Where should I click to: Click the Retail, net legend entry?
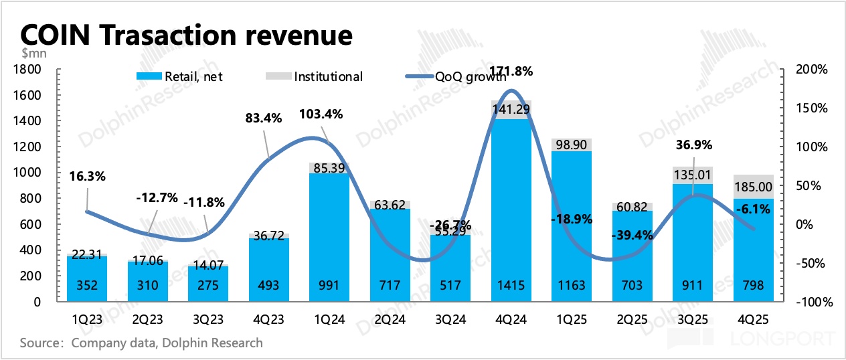coord(179,76)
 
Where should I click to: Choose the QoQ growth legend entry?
coord(458,76)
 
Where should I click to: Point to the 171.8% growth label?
coord(511,72)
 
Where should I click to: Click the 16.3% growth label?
coord(87,177)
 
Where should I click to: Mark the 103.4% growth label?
coord(320,114)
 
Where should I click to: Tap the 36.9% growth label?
coord(693,145)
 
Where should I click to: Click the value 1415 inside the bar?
coord(511,286)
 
